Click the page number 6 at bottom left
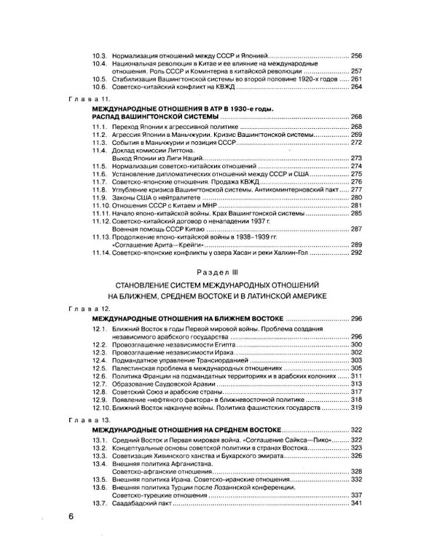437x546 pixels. (x=71, y=518)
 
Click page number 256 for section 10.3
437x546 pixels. (x=356, y=56)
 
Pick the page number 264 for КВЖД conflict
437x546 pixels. (x=356, y=87)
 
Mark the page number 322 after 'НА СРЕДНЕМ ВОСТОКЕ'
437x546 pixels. (x=356, y=431)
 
